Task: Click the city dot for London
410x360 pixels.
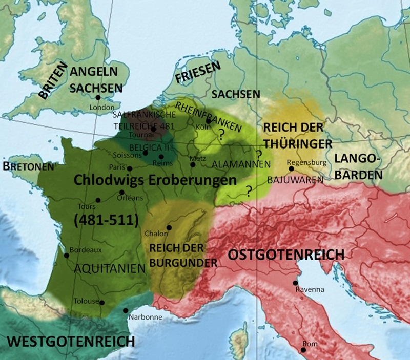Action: (x=97, y=98)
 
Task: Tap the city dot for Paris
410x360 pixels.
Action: (x=130, y=168)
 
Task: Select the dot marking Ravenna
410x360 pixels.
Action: (x=295, y=282)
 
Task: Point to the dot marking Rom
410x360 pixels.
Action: (x=303, y=350)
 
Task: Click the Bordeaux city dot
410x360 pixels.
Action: (x=66, y=256)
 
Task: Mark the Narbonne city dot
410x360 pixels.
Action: (x=126, y=310)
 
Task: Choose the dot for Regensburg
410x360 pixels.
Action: (x=291, y=168)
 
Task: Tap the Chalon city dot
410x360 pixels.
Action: (x=169, y=228)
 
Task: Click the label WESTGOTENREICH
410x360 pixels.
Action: (x=70, y=342)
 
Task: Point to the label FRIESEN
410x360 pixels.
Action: (x=198, y=72)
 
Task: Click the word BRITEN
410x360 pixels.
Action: (x=53, y=79)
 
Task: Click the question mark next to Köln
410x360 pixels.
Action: (x=221, y=135)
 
